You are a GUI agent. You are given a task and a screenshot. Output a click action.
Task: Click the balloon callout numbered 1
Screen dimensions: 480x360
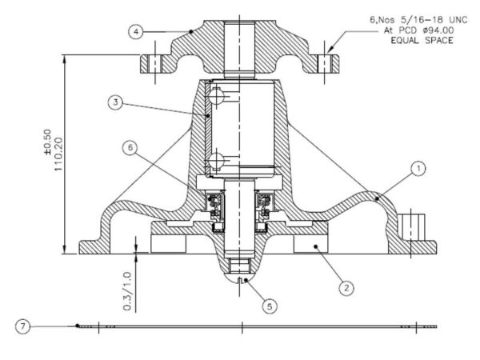tap(418, 168)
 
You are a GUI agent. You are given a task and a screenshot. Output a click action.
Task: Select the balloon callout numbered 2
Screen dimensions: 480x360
tap(346, 288)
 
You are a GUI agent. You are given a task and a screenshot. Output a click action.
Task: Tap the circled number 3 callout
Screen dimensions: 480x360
tap(115, 102)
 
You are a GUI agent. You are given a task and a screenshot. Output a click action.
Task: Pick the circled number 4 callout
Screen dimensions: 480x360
tap(136, 31)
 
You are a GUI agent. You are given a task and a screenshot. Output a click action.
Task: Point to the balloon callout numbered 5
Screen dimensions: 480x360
tap(270, 306)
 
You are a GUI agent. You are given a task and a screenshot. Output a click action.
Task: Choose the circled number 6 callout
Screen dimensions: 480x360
tap(130, 148)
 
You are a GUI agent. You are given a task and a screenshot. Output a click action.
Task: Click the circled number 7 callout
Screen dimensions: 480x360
tap(23, 326)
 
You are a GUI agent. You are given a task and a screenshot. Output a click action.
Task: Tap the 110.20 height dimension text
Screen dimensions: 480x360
tap(58, 154)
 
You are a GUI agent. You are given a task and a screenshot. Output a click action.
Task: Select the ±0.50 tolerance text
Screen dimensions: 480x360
tap(47, 142)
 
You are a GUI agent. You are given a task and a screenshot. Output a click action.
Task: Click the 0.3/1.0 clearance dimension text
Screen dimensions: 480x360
tap(127, 291)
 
